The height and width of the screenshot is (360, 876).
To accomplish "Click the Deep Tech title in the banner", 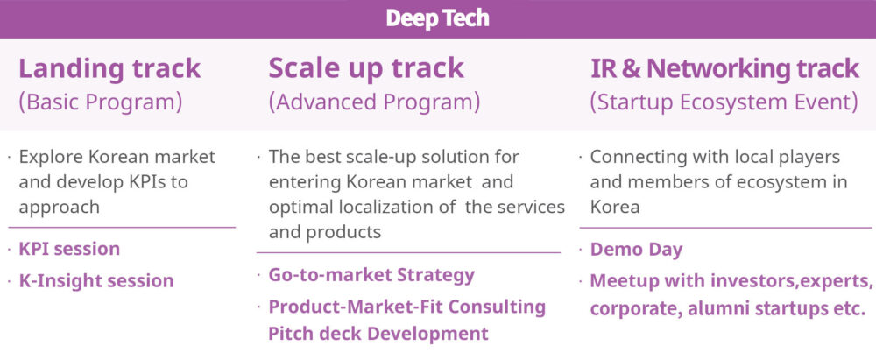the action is click(x=437, y=18).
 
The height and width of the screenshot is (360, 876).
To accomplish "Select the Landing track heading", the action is click(x=109, y=68).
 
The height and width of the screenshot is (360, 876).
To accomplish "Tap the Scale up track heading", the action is click(x=366, y=68).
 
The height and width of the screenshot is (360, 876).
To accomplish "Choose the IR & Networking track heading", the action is click(x=724, y=68).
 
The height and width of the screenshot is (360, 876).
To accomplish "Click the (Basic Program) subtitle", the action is click(x=101, y=102).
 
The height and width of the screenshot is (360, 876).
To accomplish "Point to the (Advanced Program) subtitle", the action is click(x=374, y=102).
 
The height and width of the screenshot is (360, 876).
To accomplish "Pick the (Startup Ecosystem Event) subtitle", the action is click(x=724, y=102).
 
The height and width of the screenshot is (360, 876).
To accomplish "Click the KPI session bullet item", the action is click(x=69, y=249).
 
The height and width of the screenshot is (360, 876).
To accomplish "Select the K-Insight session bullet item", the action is click(x=96, y=280).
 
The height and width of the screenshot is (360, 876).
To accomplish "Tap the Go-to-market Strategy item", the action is click(x=371, y=275).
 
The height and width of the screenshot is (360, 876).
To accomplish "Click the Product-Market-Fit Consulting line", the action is click(x=407, y=307).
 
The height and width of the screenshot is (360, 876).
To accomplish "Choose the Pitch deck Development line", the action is click(x=378, y=334).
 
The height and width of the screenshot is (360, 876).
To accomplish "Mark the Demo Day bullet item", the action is click(x=636, y=250).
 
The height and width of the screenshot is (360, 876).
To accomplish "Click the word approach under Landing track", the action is click(x=60, y=208).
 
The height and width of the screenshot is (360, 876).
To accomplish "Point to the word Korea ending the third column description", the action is click(x=615, y=207).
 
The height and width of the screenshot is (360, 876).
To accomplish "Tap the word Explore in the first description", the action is click(x=52, y=157).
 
